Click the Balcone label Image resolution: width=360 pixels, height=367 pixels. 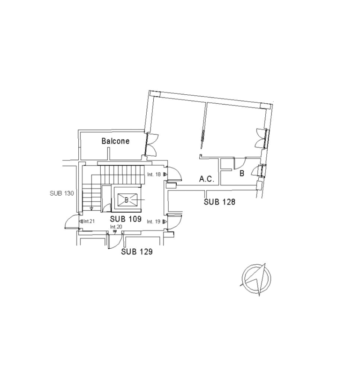115,141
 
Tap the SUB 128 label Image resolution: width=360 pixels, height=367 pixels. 219,202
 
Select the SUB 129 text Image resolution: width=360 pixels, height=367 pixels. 137,252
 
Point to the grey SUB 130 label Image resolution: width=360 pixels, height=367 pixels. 62,193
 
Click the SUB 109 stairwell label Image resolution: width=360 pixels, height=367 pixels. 126,219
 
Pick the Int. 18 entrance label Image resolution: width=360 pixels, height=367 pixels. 154,175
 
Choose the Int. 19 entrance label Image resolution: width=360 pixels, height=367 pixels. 154,222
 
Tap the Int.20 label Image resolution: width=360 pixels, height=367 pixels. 116,227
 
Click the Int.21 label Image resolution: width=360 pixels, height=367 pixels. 89,221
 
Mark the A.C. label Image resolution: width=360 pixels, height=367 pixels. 207,179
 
